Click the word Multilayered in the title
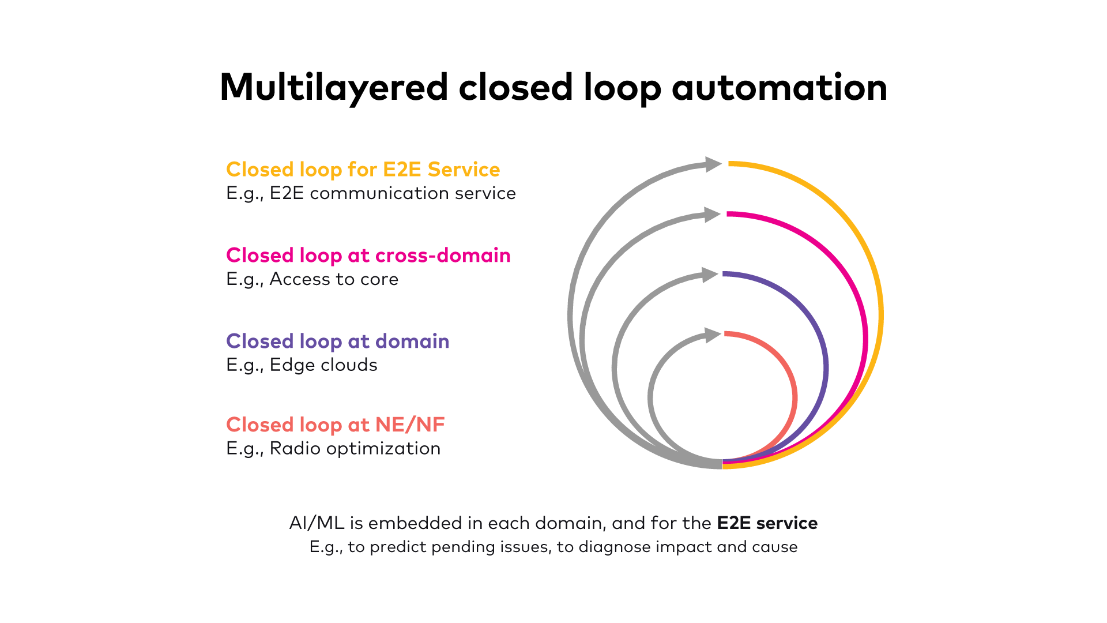[x=333, y=88]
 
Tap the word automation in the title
[x=779, y=88]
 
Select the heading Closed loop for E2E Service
[x=363, y=170]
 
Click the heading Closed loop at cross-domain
[x=368, y=256]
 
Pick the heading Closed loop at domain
[x=337, y=341]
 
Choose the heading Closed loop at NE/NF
[x=335, y=425]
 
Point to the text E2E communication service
[x=392, y=193]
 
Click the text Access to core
[x=334, y=279]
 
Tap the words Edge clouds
[x=323, y=365]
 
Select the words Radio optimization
[x=355, y=449]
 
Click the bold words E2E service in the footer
[x=767, y=523]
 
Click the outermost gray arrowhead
[x=713, y=164]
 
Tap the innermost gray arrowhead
[x=713, y=335]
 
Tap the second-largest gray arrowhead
[x=712, y=215]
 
